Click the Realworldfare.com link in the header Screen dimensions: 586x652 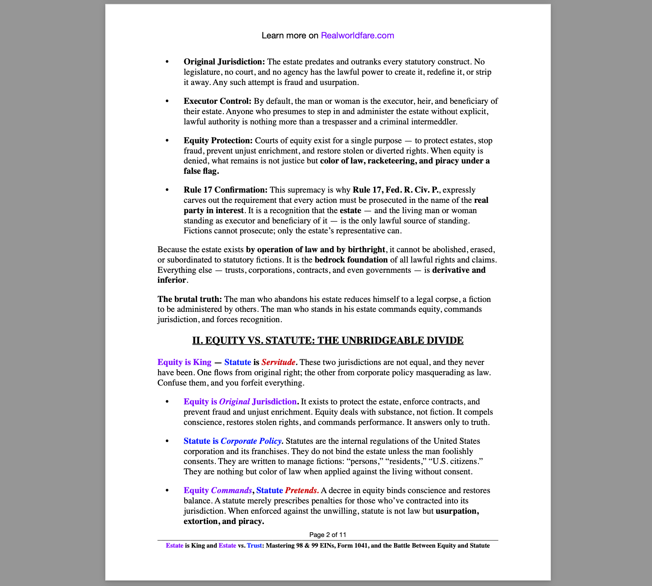[x=357, y=36]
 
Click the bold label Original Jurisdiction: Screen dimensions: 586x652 [x=224, y=62]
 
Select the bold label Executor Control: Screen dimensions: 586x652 [x=217, y=101]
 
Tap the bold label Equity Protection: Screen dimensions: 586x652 [x=218, y=141]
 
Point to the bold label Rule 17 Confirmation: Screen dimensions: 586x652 [x=225, y=190]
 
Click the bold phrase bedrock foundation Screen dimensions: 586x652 [x=351, y=260]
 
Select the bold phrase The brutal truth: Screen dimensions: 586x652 [x=190, y=299]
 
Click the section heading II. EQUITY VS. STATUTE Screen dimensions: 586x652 [x=328, y=340]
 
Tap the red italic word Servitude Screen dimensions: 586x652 [x=278, y=362]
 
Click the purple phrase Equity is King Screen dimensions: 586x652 [x=184, y=362]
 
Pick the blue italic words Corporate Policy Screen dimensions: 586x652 [x=251, y=441]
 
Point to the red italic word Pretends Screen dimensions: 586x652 [x=302, y=490]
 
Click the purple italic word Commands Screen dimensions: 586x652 [x=231, y=490]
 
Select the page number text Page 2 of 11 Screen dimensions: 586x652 [x=328, y=535]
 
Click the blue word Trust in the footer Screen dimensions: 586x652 [x=254, y=546]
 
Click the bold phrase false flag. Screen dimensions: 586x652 [x=201, y=171]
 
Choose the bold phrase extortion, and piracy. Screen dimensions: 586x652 [x=224, y=521]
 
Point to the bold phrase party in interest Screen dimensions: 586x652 [x=213, y=210]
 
